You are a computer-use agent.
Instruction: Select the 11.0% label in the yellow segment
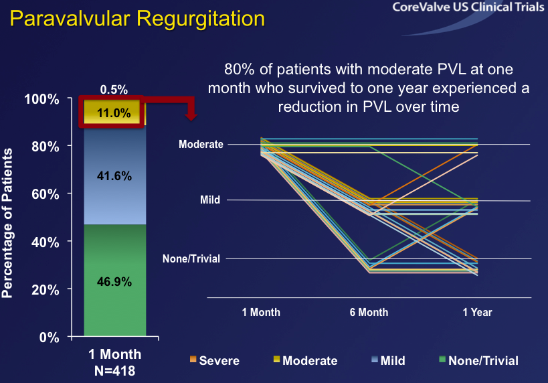(113, 113)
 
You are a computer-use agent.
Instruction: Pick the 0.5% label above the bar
(114, 89)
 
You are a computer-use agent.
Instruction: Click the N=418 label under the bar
(115, 368)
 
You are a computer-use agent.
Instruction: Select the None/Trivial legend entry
(477, 361)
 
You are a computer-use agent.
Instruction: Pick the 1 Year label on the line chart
(478, 312)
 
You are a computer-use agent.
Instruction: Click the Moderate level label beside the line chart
(201, 144)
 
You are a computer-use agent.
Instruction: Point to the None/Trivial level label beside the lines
(191, 258)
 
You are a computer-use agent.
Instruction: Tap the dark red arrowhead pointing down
(191, 115)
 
